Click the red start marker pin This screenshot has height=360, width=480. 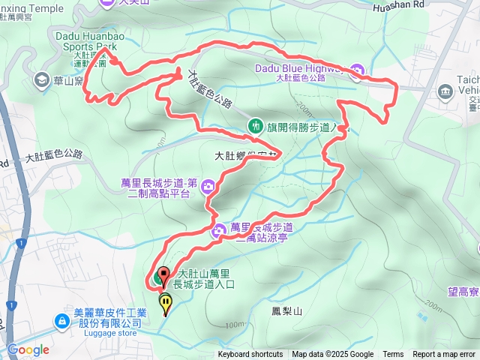tap(163, 275)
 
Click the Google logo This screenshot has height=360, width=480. tap(28, 349)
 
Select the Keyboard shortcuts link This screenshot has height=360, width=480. tap(250, 355)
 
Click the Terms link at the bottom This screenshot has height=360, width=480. tap(393, 355)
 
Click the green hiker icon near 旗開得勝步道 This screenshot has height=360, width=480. tap(254, 125)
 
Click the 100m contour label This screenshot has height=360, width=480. tap(233, 325)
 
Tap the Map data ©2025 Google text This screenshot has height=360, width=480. tap(332, 355)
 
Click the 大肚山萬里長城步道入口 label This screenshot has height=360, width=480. tap(205, 279)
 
